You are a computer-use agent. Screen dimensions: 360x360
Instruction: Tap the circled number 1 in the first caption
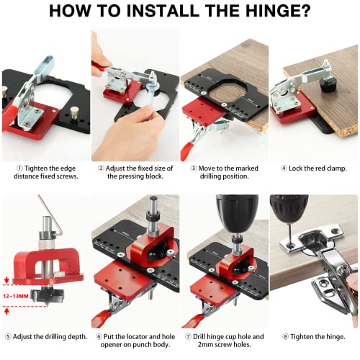(x=19, y=168)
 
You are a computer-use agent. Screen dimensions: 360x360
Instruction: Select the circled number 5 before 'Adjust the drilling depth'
(x=8, y=337)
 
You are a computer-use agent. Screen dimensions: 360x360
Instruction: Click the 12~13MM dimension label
(x=16, y=296)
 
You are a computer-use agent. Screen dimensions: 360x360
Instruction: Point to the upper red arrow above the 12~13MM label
(x=6, y=280)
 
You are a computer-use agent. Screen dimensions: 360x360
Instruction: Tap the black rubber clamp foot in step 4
(x=328, y=86)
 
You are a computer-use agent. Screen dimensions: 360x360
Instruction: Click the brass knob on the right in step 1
(x=73, y=112)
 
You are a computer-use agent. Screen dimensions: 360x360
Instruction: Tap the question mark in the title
(x=305, y=10)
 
